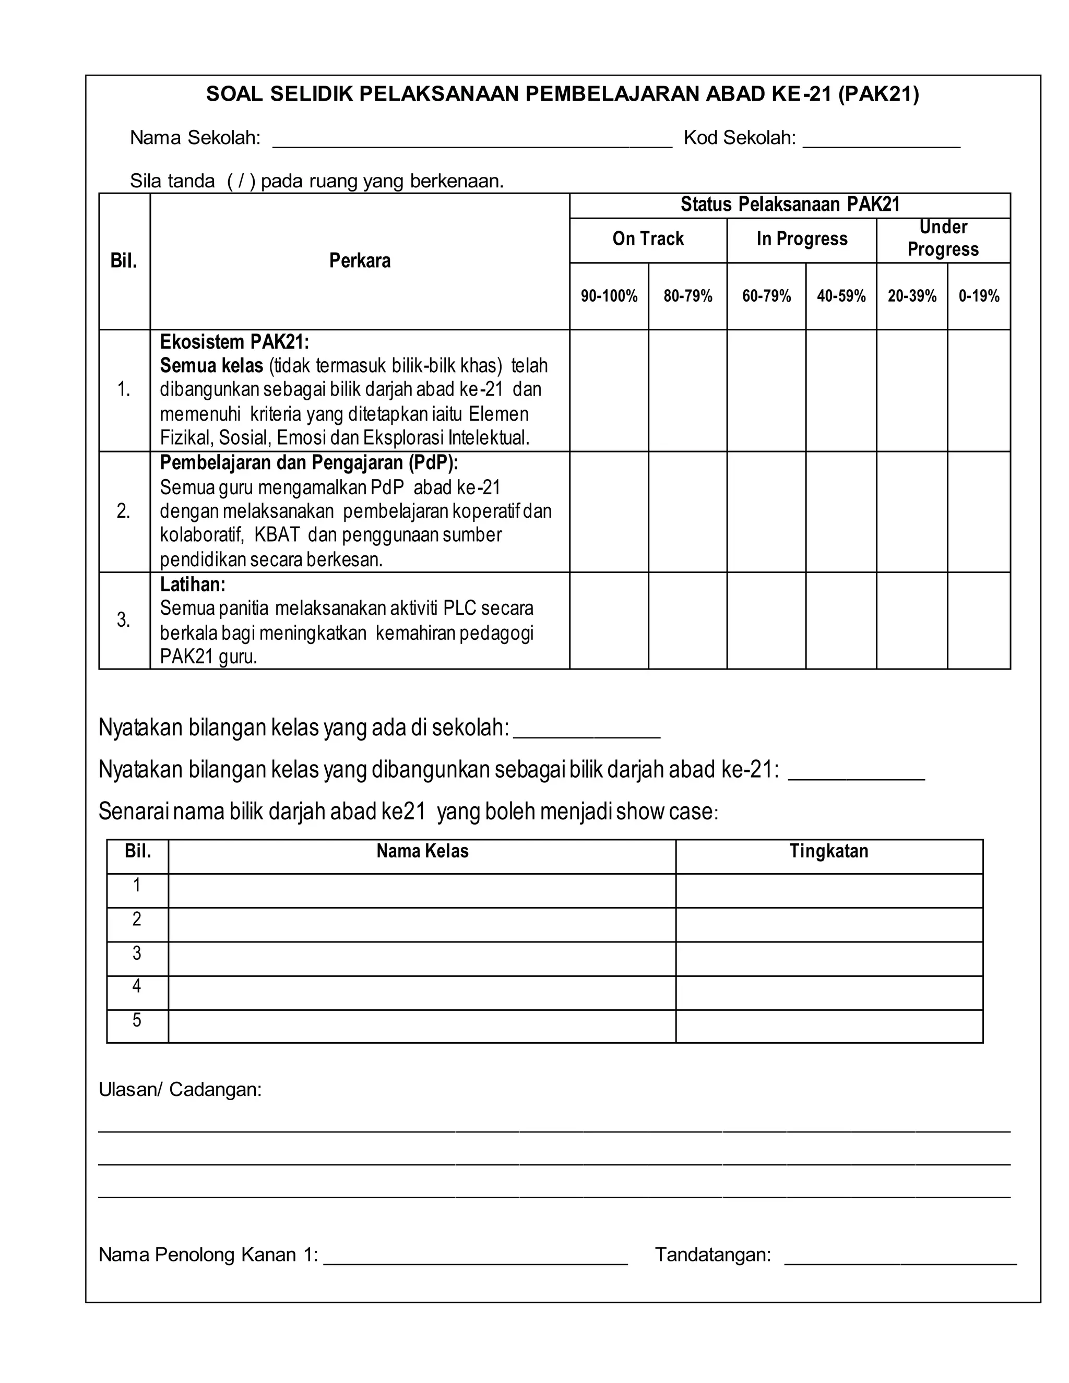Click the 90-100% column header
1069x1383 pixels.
point(609,296)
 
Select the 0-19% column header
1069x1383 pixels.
point(979,296)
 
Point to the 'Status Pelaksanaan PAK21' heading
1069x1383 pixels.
point(790,205)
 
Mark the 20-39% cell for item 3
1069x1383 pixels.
point(912,621)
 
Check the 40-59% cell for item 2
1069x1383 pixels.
point(841,511)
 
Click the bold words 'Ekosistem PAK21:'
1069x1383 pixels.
point(234,342)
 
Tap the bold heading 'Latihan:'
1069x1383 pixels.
point(193,584)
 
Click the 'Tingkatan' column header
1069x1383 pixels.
point(828,851)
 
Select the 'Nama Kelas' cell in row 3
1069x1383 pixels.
point(422,959)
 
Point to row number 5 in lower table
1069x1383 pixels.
point(137,1020)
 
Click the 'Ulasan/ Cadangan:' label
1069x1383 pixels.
point(180,1090)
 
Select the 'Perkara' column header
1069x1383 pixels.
point(360,261)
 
